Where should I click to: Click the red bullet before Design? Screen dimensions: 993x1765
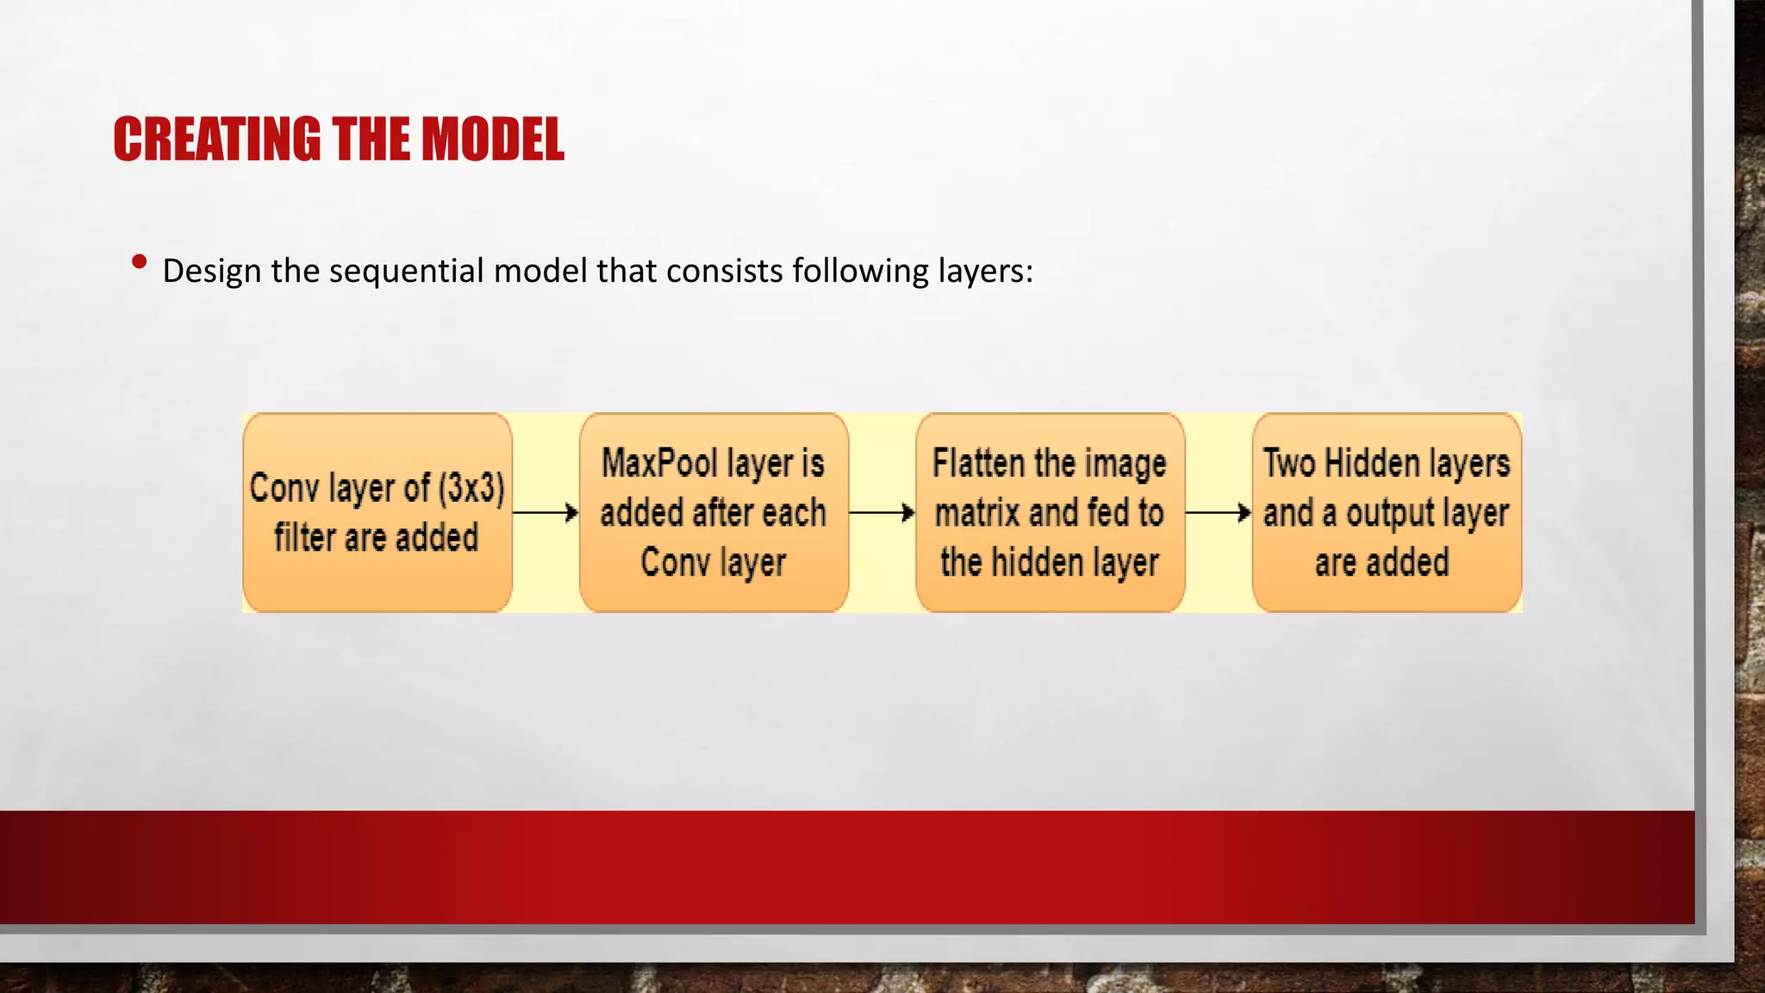[x=139, y=261]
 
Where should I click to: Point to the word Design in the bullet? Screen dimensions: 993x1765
[x=211, y=271]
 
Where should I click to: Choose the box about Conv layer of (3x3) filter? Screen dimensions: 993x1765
[x=377, y=513]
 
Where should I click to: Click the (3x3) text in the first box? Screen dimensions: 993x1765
[x=471, y=488]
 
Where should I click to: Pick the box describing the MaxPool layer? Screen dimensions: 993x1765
[x=714, y=513]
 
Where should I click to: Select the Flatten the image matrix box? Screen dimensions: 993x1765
[x=1050, y=513]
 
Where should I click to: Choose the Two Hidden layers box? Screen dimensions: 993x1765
[x=1387, y=513]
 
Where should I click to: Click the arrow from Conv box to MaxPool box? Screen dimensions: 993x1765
[x=546, y=513]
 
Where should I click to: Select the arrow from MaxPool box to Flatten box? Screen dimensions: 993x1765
[x=882, y=513]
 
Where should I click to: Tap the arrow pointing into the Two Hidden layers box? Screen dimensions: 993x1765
[x=1218, y=513]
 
